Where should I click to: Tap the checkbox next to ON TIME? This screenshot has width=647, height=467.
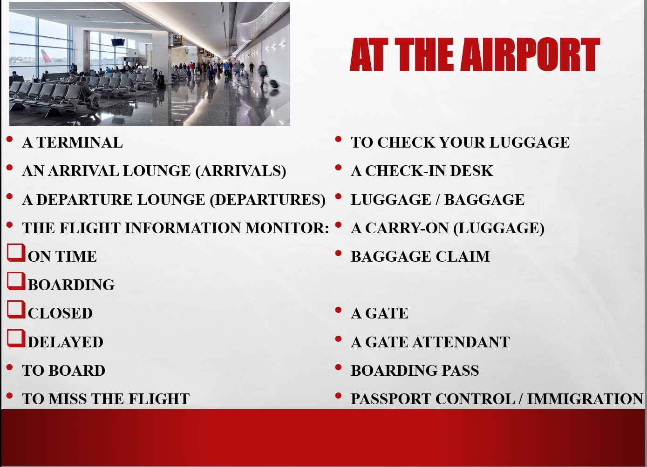(x=16, y=253)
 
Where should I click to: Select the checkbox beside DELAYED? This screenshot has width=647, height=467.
(x=16, y=338)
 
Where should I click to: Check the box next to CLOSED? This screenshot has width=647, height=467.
(x=16, y=310)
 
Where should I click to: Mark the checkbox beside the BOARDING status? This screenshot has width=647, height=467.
(x=16, y=281)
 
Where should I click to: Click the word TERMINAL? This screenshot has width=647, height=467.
(x=80, y=142)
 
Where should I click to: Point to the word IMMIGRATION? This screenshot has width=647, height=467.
(x=585, y=399)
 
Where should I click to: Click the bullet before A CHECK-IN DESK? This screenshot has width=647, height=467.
(x=339, y=168)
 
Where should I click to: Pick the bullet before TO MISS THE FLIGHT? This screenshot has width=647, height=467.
(x=9, y=395)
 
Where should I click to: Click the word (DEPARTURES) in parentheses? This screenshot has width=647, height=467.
(x=268, y=200)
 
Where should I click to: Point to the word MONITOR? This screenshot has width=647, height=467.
(x=287, y=228)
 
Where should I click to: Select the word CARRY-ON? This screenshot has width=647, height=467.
(x=407, y=228)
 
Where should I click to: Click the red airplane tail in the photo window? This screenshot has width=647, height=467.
(x=46, y=56)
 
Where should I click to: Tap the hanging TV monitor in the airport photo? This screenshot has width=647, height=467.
(x=118, y=42)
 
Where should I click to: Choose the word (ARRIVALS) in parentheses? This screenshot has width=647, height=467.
(x=241, y=171)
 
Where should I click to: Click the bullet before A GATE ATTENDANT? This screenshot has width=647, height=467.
(x=339, y=338)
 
